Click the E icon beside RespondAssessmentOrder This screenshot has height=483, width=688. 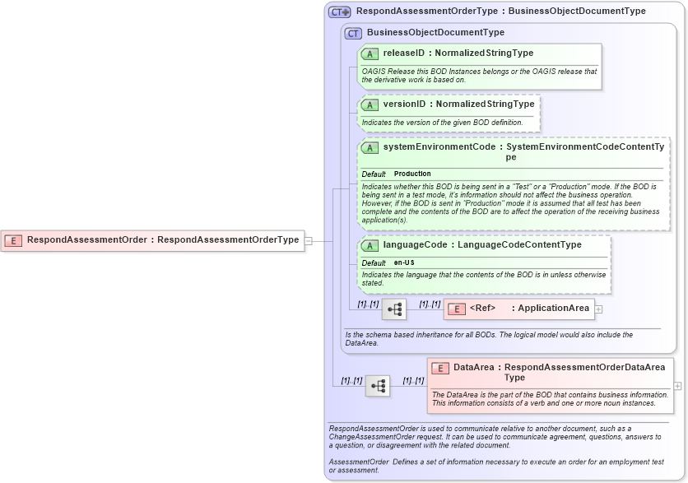tap(13, 240)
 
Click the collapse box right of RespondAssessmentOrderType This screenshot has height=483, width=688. tap(309, 240)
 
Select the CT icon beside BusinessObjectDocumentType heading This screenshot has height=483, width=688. tap(354, 33)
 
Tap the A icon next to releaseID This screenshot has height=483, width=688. tap(370, 53)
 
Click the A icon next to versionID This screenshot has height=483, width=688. tap(370, 104)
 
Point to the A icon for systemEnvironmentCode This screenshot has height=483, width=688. tap(370, 147)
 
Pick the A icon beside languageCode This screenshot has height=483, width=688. tap(370, 245)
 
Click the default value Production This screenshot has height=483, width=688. tap(412, 174)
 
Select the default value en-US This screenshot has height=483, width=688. tap(404, 262)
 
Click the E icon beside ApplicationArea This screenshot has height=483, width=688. tap(457, 309)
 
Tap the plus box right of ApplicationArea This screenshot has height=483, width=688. tap(598, 309)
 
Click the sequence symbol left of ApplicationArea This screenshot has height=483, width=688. tap(394, 309)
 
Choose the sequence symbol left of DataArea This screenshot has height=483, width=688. tap(378, 385)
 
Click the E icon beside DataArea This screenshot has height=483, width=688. tap(440, 368)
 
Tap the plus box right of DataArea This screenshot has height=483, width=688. tap(677, 385)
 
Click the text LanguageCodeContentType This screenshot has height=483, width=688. tap(519, 244)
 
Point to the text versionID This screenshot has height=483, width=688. tap(405, 104)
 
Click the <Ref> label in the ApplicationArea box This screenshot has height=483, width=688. tap(482, 309)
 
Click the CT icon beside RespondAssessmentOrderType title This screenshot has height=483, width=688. tap(340, 12)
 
